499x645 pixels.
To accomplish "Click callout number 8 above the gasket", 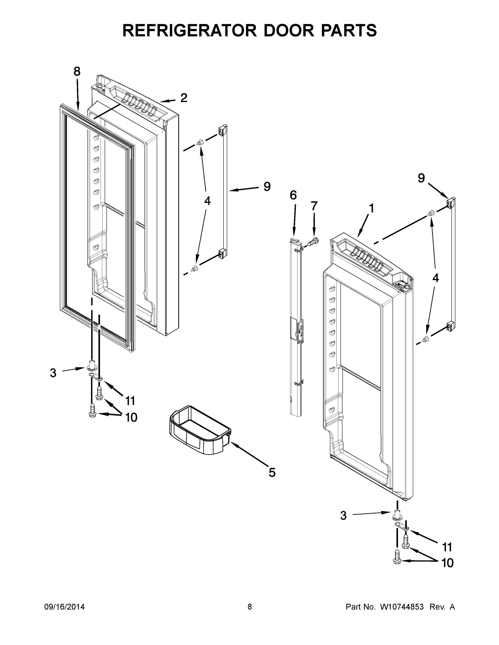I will coord(77,71).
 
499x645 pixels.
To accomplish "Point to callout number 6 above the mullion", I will coord(293,195).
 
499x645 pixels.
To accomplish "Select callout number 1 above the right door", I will coord(371,208).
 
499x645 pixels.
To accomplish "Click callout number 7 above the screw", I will coord(314,206).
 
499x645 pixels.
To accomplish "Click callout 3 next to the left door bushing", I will coord(53,373).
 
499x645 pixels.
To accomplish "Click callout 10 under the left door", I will coord(131,417).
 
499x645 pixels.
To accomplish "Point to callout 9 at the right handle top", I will coord(421,178).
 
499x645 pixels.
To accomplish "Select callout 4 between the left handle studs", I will coord(207,201).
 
